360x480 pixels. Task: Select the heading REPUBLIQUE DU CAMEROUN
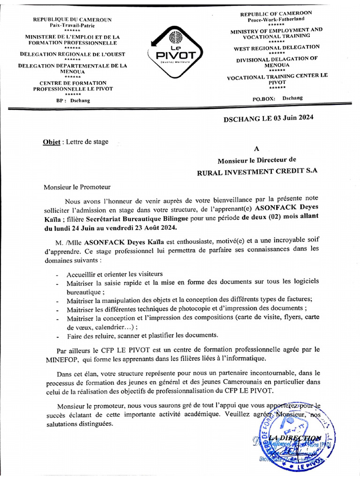coord(72,19)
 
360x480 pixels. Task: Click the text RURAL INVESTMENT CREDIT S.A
coord(257,171)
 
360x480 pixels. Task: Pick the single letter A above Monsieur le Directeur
coord(256,149)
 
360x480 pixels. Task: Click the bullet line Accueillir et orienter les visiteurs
coord(115,274)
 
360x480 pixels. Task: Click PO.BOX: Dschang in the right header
coord(277,98)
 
